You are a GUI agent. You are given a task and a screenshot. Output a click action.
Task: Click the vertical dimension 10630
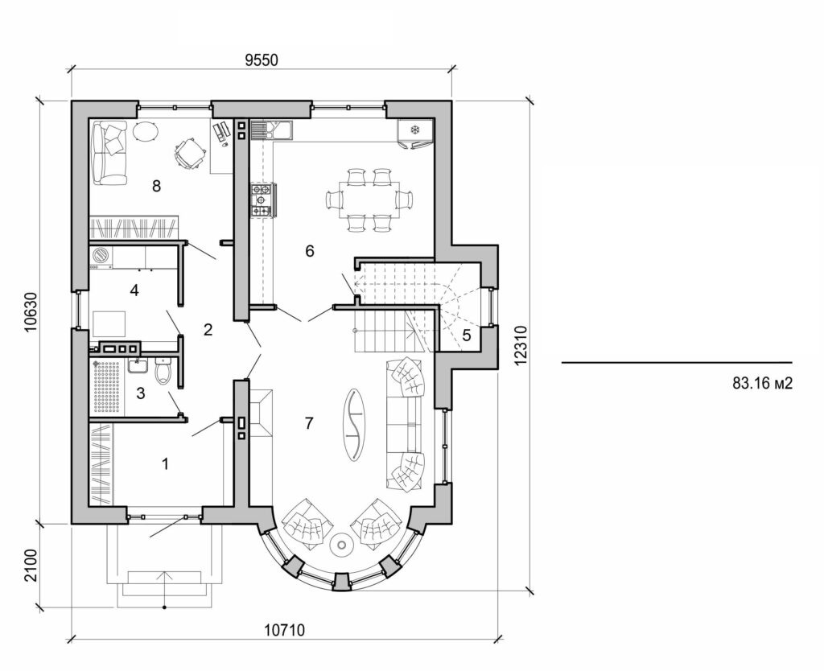(31, 311)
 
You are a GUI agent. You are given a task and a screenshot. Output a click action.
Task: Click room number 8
(156, 186)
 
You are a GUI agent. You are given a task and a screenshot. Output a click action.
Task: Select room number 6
(309, 251)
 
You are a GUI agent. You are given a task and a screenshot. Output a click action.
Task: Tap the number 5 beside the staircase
(466, 335)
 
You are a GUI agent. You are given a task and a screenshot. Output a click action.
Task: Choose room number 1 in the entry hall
(166, 463)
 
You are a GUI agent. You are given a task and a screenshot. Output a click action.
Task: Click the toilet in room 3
(163, 372)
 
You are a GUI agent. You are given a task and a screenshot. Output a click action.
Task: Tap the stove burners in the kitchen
(262, 200)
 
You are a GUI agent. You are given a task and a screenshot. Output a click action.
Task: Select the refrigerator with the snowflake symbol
(415, 130)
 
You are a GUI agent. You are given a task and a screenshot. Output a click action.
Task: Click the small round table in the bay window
(343, 545)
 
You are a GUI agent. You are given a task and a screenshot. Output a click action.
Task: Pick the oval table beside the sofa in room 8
(146, 131)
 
